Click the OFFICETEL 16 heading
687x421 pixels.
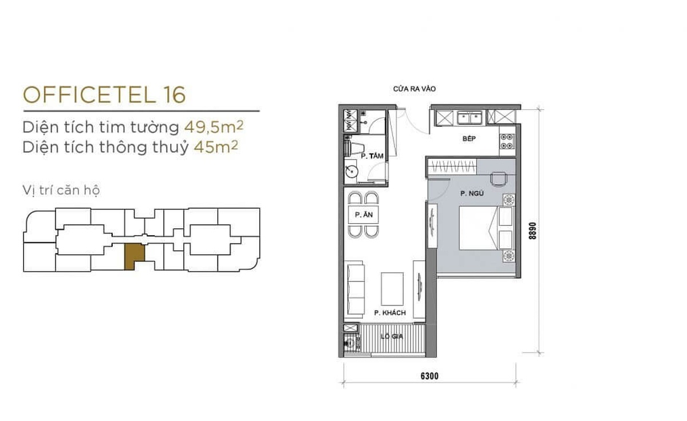coord(104,95)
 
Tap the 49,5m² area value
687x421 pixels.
coord(214,126)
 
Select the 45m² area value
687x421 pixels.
coord(216,147)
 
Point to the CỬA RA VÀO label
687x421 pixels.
coord(414,89)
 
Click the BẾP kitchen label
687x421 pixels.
coord(469,139)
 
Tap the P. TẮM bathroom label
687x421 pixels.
coord(372,156)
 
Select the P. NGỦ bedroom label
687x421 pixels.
coord(472,193)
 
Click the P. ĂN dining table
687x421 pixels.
coord(364,215)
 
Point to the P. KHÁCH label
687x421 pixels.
coord(390,313)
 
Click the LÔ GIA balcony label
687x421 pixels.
coord(392,336)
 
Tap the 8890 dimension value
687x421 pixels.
coord(532,231)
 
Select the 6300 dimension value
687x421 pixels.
coord(429,376)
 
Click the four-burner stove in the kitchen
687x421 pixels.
coord(507,141)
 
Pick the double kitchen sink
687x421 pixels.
coord(469,117)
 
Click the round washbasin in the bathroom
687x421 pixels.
coord(350,172)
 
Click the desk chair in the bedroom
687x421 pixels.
coord(499,179)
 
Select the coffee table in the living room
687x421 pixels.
coord(392,289)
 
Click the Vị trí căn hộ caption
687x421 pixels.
coord(61,190)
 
